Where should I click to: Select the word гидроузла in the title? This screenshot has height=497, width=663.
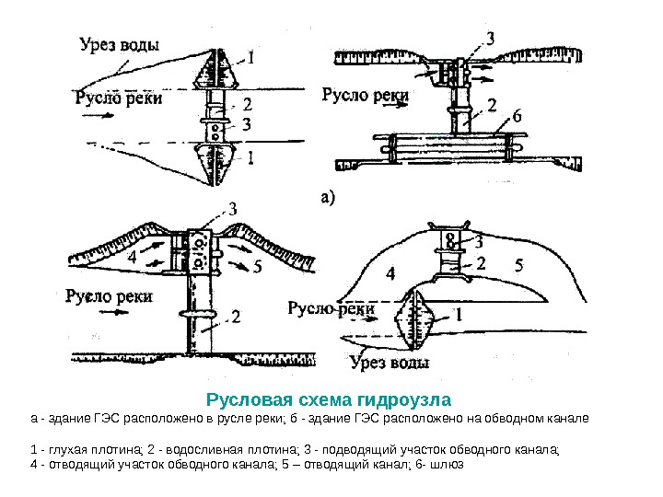408,400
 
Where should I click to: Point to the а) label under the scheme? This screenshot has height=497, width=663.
329,195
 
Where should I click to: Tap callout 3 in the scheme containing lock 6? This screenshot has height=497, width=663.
489,39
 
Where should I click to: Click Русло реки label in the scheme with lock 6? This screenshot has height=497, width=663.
365,94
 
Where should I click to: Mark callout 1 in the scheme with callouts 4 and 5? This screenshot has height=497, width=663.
459,314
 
